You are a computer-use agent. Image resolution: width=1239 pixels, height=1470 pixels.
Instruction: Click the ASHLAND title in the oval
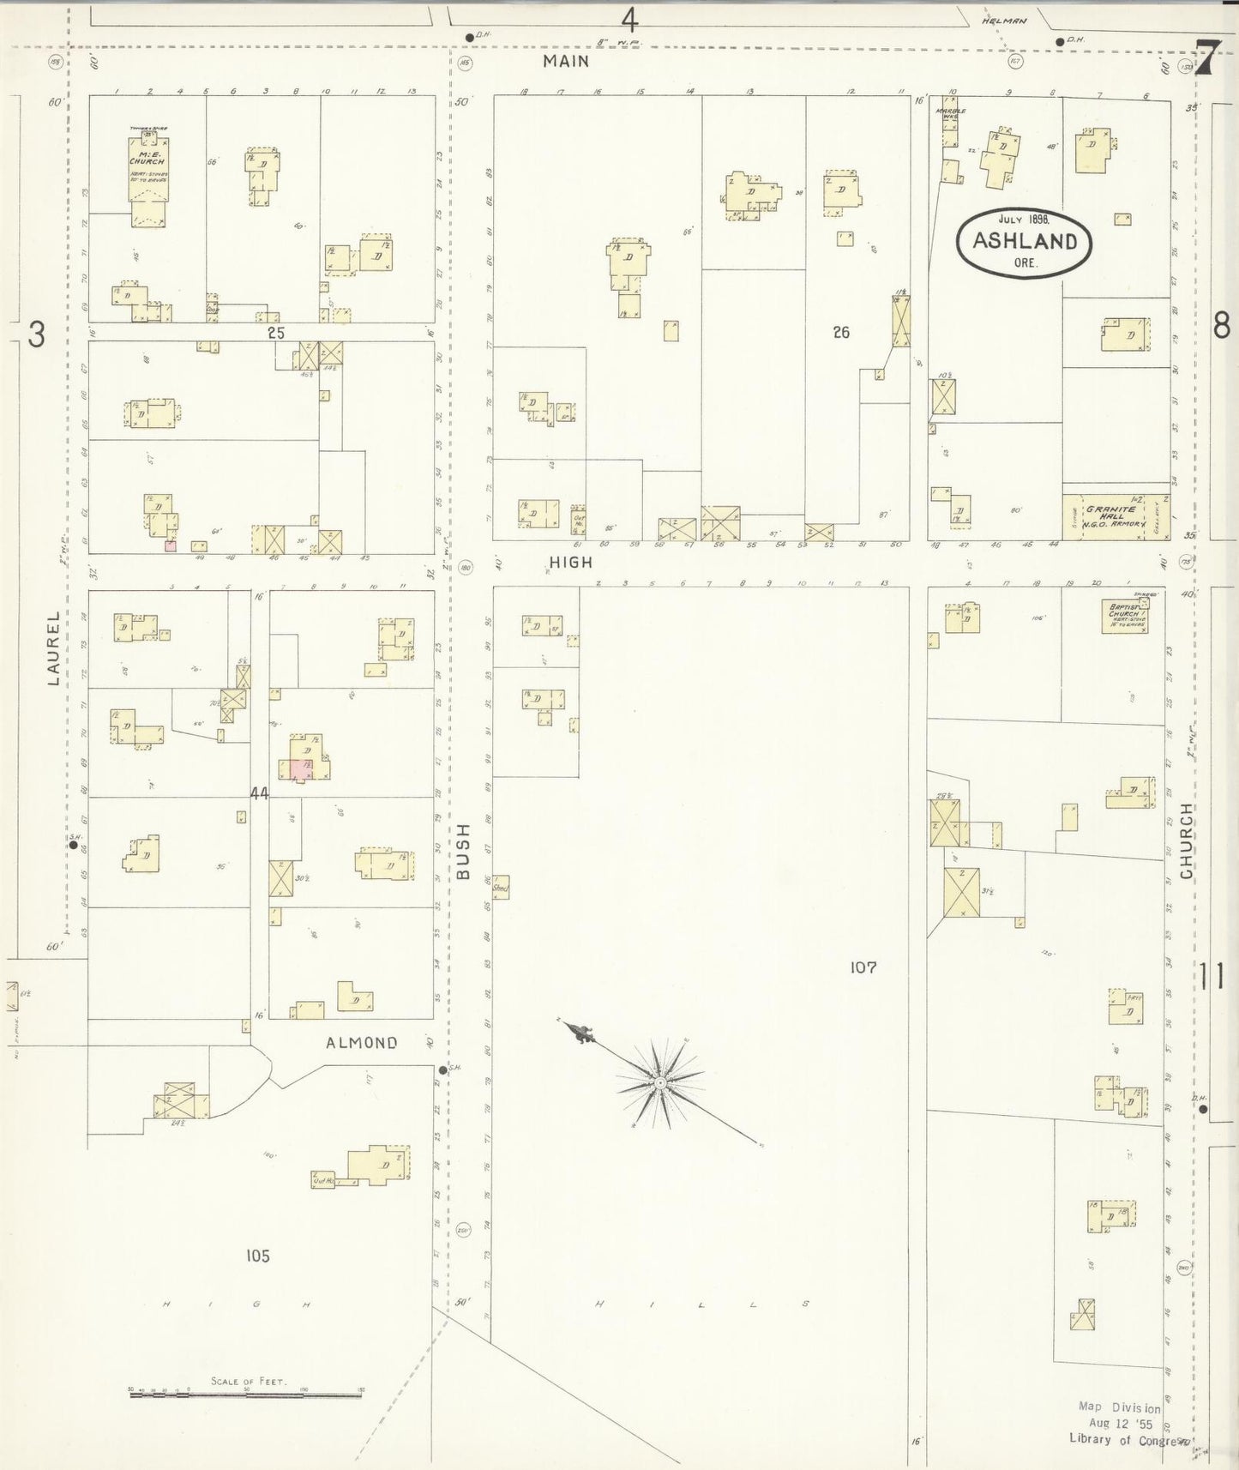[x=1025, y=241]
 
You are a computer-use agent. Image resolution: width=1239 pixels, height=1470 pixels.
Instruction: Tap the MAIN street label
[x=566, y=61]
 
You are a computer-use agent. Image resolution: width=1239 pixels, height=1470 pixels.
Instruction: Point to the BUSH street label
[x=464, y=851]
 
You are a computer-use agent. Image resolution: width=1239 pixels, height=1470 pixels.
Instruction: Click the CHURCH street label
[x=1187, y=840]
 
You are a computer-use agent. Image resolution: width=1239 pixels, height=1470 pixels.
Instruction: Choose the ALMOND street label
[x=362, y=1043]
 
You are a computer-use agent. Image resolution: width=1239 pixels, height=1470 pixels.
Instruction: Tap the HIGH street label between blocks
[x=571, y=562]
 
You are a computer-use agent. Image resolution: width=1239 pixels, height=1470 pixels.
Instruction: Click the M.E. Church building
[x=147, y=178]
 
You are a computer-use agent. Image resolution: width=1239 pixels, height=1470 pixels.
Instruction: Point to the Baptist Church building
[x=1125, y=615]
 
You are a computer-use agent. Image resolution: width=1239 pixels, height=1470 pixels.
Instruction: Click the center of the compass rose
[x=660, y=1083]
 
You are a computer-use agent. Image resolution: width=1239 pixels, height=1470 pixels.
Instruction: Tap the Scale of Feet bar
[x=245, y=1395]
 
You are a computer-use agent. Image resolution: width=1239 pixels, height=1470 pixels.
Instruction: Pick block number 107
[x=863, y=967]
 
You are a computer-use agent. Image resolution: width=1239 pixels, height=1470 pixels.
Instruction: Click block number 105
[x=257, y=1256]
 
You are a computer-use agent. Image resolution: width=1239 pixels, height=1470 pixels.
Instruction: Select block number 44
[x=259, y=793]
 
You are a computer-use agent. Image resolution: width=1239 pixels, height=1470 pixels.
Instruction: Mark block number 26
[x=841, y=332]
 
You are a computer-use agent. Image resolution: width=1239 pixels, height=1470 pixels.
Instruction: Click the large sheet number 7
[x=1207, y=60]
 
